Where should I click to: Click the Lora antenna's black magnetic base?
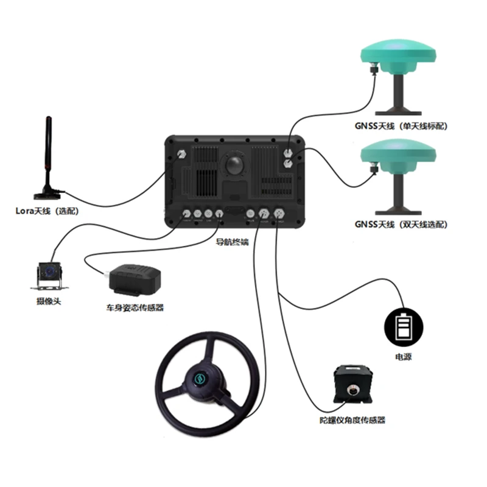coord(47,195)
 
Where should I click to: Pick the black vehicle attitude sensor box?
coord(133,279)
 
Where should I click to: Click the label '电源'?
coord(403,357)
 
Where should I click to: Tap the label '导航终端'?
coord(233,242)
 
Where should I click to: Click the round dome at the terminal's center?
coord(233,166)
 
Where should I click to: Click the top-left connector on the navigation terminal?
coord(180,155)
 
